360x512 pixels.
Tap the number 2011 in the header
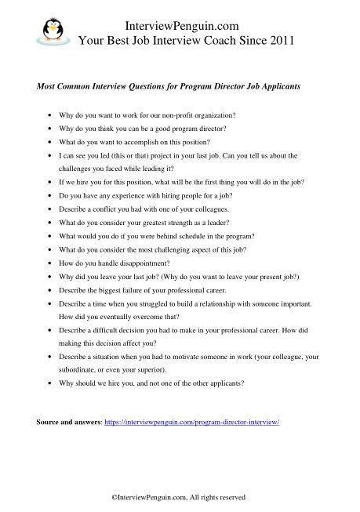pos(278,42)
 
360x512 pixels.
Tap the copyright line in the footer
pos(180,496)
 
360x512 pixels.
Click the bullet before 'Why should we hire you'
pos(51,383)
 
